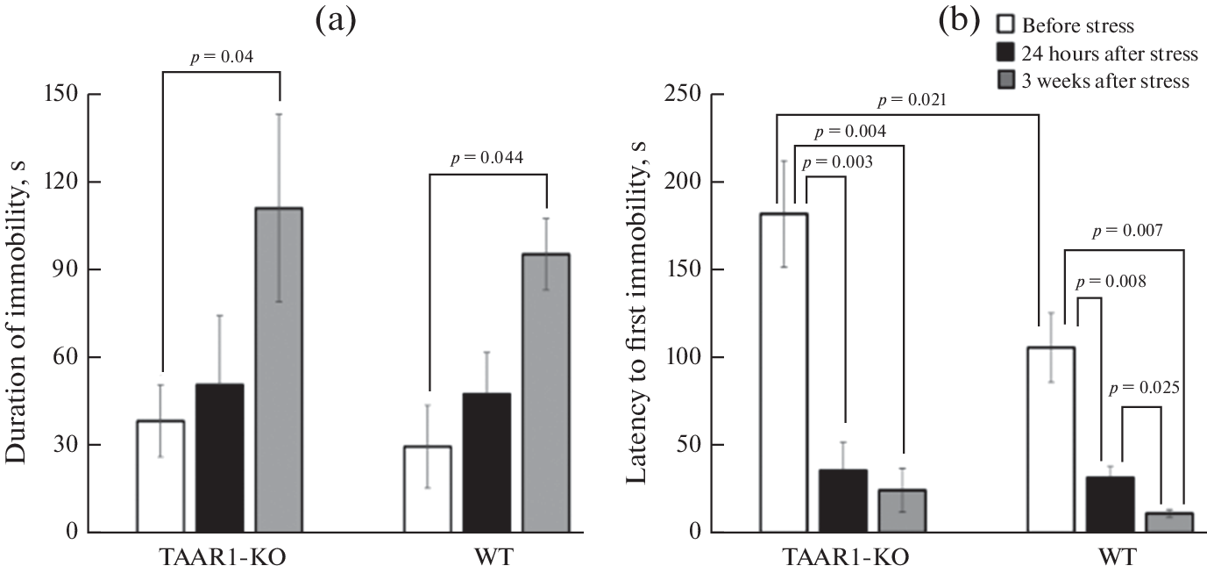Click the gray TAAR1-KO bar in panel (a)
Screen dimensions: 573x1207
279,369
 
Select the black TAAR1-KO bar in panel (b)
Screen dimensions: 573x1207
843,501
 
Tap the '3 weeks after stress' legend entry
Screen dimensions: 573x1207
1095,81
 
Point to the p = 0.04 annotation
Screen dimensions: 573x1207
221,58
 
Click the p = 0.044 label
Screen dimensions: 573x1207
487,158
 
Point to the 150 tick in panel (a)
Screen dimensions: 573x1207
77,95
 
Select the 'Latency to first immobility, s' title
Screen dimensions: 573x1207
643,315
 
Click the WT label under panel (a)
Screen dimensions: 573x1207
486,558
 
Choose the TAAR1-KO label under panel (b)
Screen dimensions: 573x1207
842,558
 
